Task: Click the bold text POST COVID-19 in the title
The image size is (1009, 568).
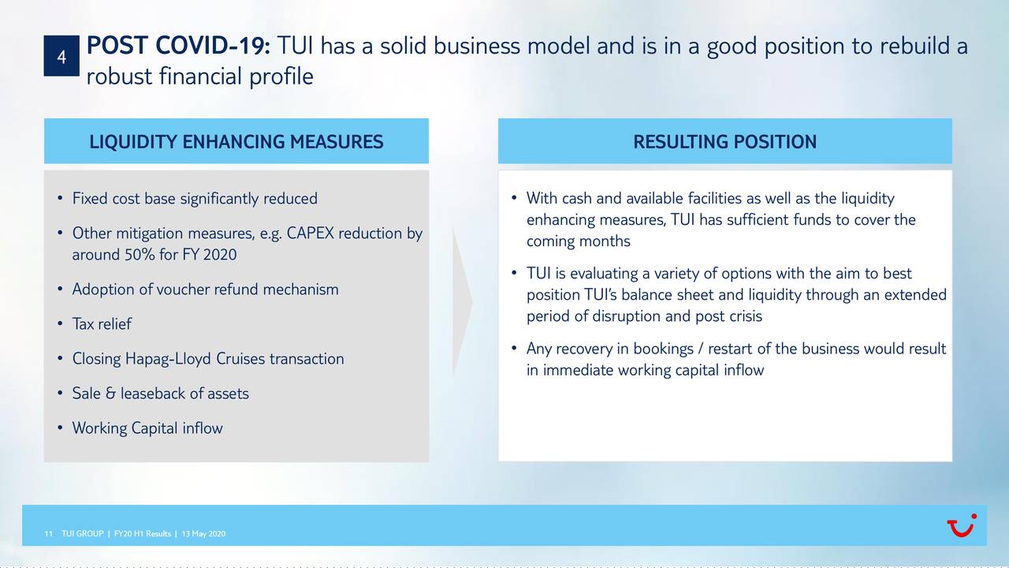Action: (x=179, y=47)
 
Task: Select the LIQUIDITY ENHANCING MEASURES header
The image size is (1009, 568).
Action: (x=236, y=142)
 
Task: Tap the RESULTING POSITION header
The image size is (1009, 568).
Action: (x=724, y=142)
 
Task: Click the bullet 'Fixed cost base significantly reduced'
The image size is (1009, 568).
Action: (x=195, y=199)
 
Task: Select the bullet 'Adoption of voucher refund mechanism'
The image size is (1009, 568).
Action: (x=205, y=290)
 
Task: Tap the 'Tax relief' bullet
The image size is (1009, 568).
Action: (x=102, y=324)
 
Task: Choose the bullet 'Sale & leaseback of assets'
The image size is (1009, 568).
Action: (x=160, y=394)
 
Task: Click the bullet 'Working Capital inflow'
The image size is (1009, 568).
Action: (x=147, y=428)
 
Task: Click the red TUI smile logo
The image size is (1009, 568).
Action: (x=961, y=526)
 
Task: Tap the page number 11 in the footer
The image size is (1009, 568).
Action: (x=49, y=535)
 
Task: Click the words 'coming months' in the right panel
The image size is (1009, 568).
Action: (x=578, y=241)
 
